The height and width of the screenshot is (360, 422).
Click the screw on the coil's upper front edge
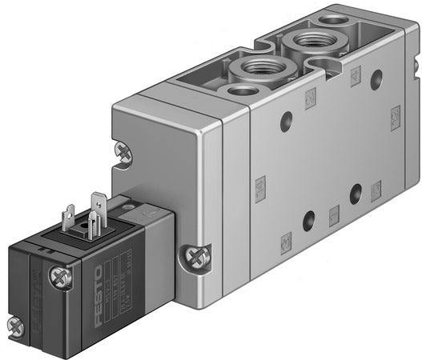click(x=58, y=278)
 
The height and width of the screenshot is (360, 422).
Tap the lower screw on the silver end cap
click(x=191, y=258)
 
